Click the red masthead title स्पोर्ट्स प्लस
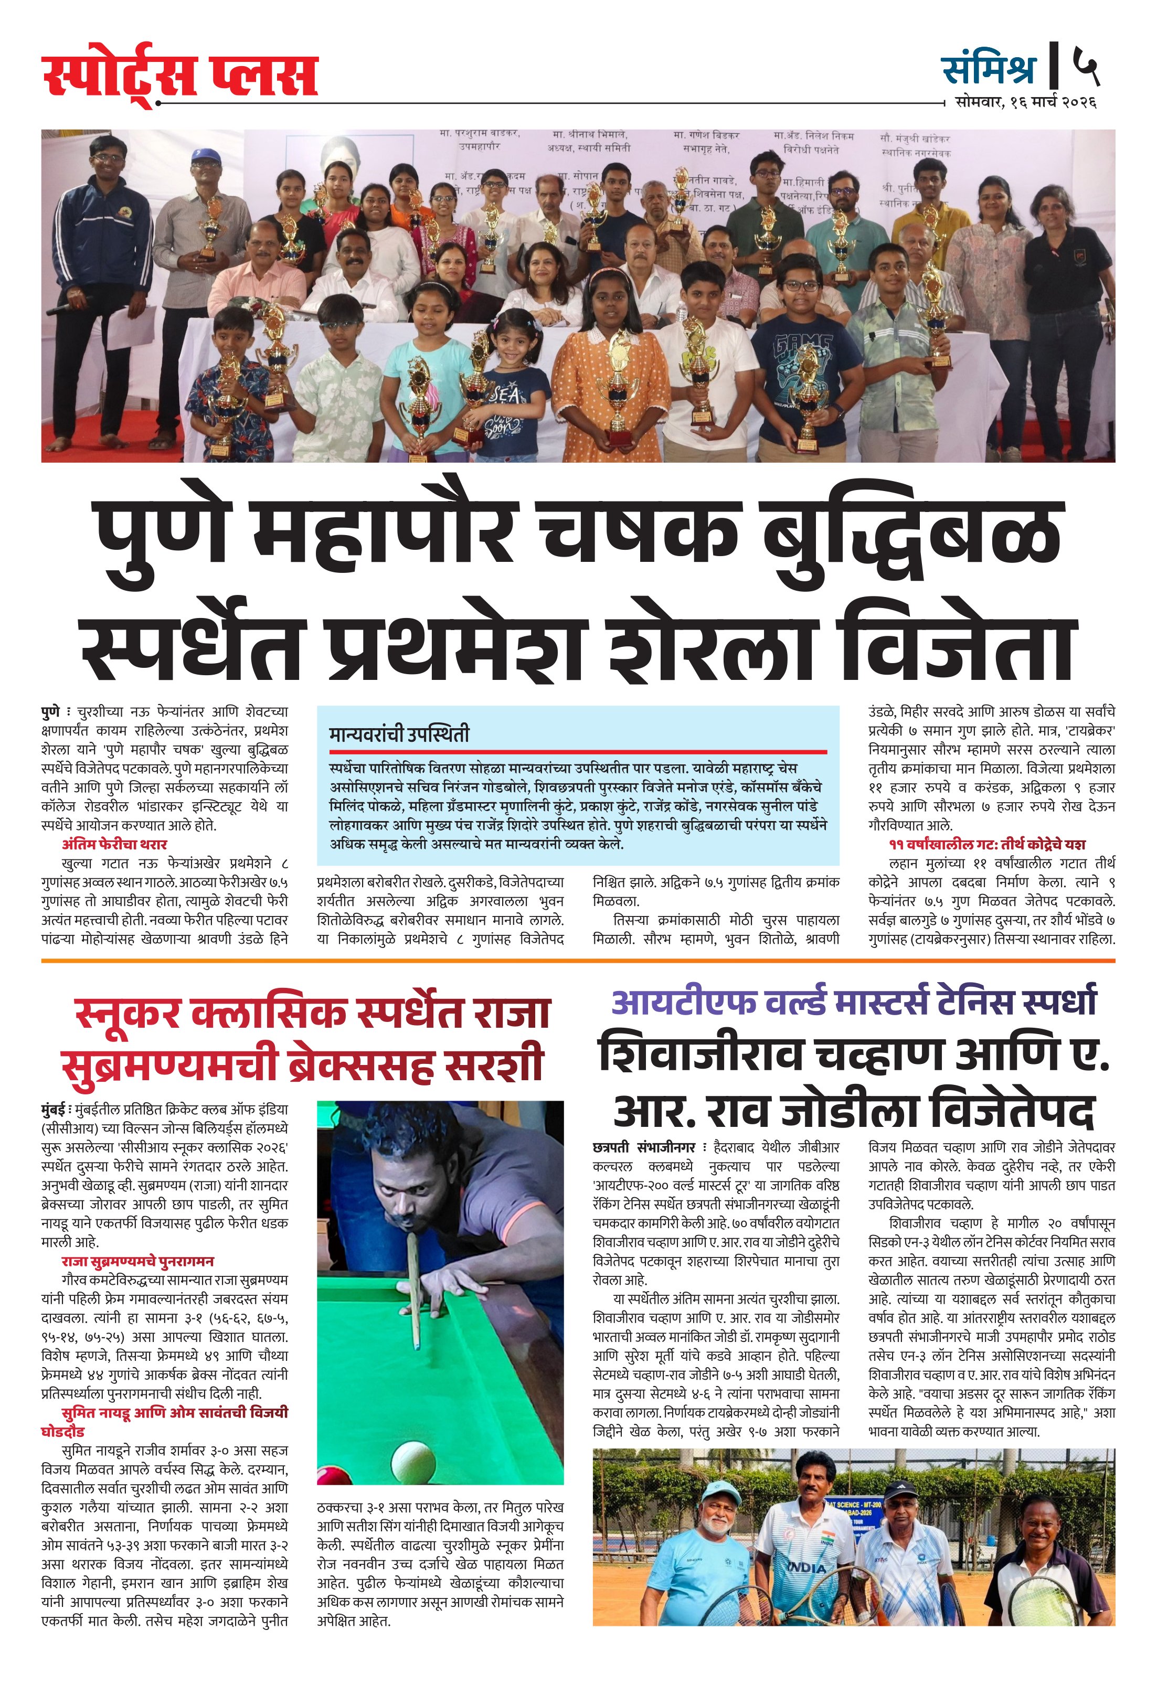pos(179,77)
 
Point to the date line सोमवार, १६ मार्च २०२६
pos(1025,103)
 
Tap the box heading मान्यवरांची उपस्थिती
pos(399,734)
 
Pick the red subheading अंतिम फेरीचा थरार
pos(114,844)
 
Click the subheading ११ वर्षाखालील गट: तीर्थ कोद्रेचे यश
pos(987,844)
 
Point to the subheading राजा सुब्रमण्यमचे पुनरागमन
pos(138,1261)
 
